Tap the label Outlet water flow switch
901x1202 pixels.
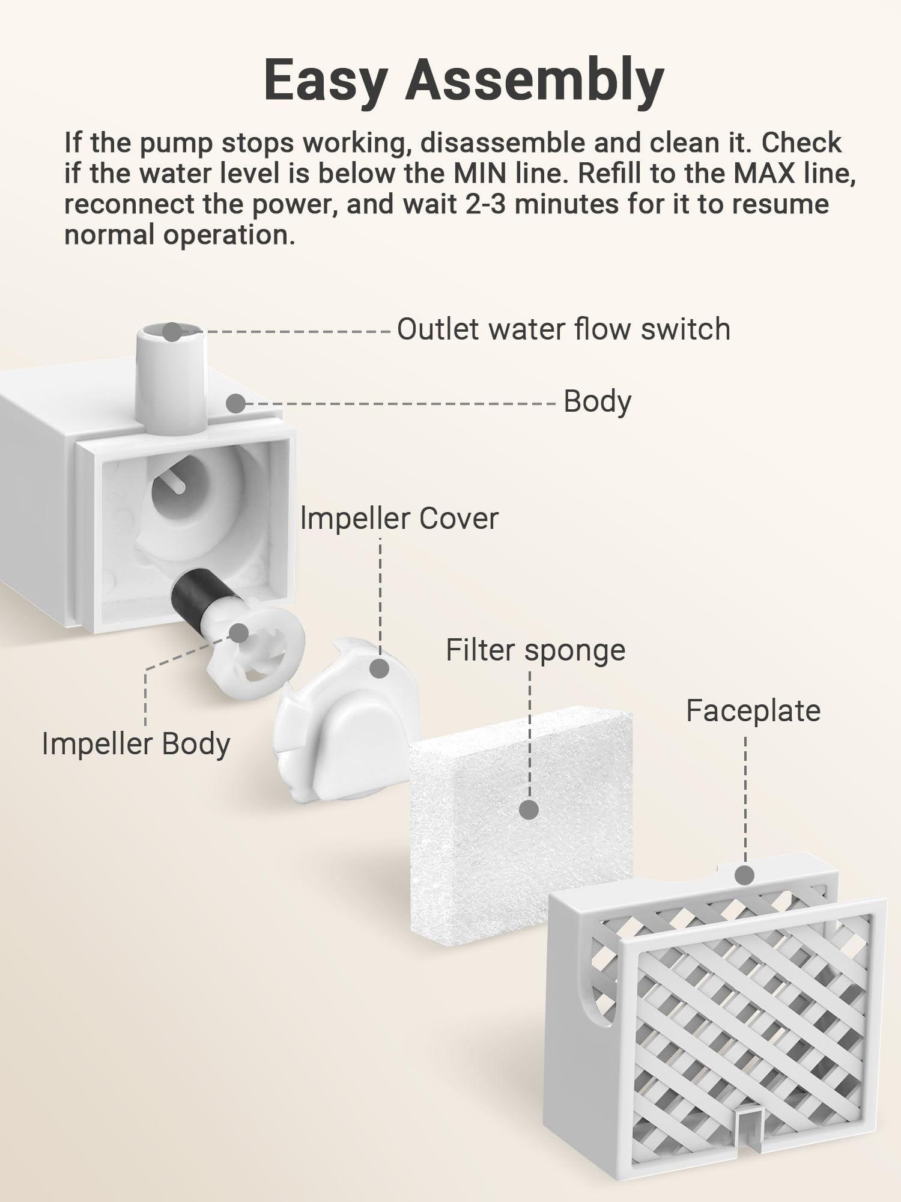(563, 329)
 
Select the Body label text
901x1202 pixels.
(597, 401)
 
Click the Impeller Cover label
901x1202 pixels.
(399, 519)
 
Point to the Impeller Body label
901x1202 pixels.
(136, 745)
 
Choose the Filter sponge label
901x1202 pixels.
(536, 651)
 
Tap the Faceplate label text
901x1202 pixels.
(753, 711)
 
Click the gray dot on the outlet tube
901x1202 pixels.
(172, 332)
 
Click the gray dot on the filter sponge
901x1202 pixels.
(529, 810)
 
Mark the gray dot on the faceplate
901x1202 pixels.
(745, 875)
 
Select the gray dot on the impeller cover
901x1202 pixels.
(379, 668)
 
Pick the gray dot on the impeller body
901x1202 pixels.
(239, 633)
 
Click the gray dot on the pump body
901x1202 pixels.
(236, 403)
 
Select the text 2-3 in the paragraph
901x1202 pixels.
(487, 204)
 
